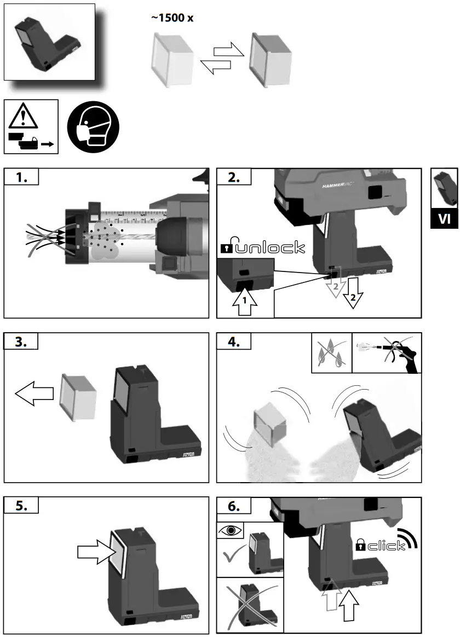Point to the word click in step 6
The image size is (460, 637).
[x=386, y=545]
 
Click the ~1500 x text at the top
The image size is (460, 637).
[x=172, y=18]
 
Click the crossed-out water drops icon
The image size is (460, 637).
[x=331, y=353]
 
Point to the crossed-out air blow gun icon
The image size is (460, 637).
[x=386, y=353]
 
